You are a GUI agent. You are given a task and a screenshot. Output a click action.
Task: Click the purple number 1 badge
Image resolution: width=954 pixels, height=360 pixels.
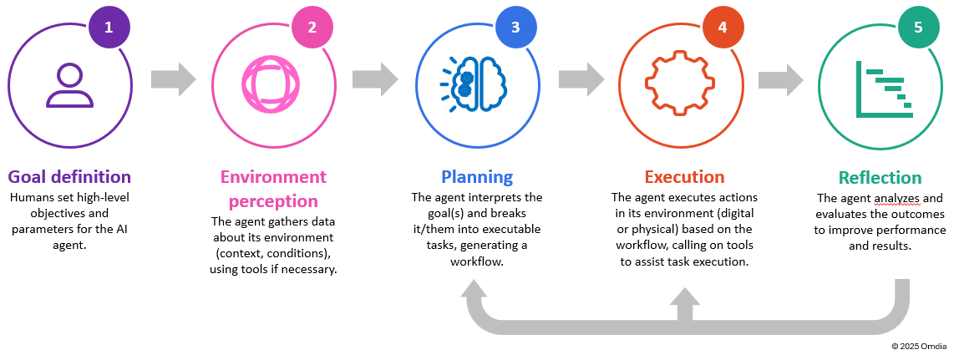[x=108, y=27]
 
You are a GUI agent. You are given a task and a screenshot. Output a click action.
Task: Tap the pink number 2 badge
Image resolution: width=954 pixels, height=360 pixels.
[x=312, y=27]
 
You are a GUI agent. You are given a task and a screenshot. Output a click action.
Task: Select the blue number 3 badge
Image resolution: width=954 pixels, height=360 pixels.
[x=515, y=27]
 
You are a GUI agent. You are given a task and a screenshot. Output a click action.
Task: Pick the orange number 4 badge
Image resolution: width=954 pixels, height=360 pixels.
[x=722, y=27]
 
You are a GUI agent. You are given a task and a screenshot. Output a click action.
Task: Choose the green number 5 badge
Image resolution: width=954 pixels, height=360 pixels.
[x=918, y=27]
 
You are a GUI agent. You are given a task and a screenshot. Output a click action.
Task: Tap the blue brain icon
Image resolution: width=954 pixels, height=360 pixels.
[x=474, y=84]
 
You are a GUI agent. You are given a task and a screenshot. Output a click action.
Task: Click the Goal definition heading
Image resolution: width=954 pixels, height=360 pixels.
[x=69, y=177]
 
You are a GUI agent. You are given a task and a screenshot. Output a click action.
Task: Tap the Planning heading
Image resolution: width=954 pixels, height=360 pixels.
[x=477, y=177]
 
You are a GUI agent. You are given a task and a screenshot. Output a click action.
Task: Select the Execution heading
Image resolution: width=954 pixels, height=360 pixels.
[x=683, y=177]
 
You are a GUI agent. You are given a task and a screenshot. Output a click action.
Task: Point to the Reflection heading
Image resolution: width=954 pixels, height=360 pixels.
[x=880, y=178]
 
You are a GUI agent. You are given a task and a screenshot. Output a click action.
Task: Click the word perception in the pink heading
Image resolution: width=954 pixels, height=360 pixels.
[x=273, y=201]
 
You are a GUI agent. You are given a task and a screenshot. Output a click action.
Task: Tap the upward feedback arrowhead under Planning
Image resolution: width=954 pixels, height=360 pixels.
[x=477, y=292]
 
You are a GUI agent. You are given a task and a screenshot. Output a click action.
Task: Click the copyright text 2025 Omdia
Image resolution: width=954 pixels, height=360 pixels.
[x=919, y=346]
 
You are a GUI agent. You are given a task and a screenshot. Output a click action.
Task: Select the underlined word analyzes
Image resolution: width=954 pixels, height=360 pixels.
[x=894, y=199]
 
